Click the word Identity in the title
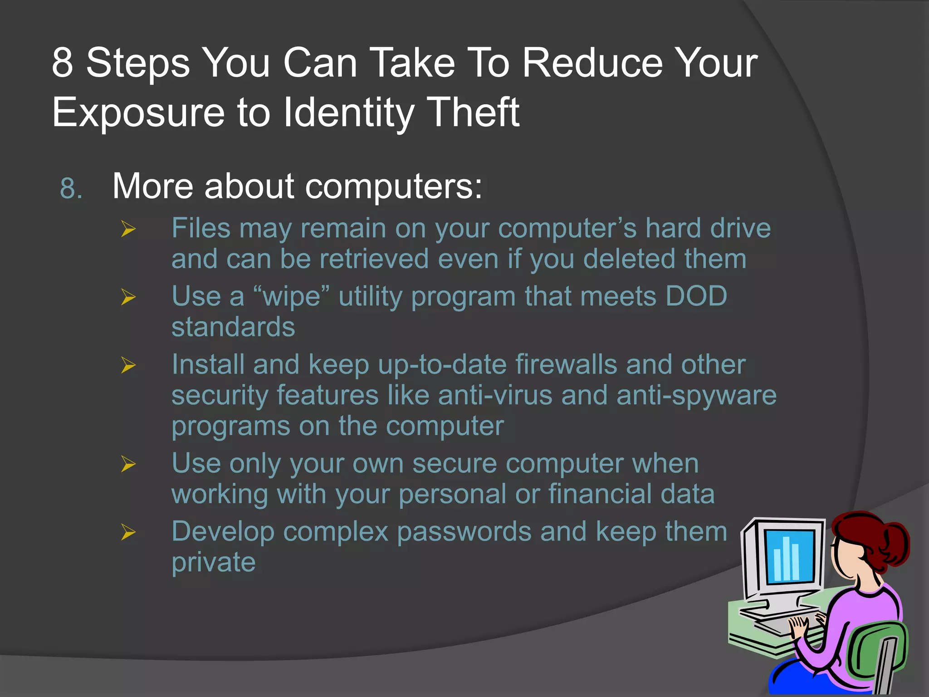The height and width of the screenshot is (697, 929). tap(348, 112)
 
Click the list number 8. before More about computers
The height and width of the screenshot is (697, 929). tap(71, 188)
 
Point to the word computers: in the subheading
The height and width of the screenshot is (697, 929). tap(393, 187)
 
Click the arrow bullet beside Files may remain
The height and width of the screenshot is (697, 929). tap(128, 229)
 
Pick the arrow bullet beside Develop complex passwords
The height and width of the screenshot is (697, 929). tap(128, 532)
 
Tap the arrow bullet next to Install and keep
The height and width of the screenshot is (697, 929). tap(128, 365)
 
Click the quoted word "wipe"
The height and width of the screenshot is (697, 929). tap(292, 297)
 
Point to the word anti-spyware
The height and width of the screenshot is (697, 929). tap(696, 396)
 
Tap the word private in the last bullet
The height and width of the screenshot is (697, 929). tap(214, 563)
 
